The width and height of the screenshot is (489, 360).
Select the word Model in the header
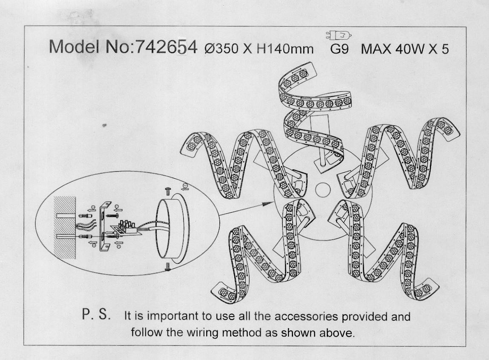tap(74, 47)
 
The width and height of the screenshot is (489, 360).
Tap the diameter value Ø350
tap(222, 49)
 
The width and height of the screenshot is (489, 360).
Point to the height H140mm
tap(285, 49)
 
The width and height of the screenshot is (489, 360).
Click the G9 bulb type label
tap(339, 49)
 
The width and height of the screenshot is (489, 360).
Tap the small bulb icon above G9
tap(339, 35)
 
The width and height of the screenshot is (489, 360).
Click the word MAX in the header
tap(376, 49)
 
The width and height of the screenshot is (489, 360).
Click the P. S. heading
tap(96, 314)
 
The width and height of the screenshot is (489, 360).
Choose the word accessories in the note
tap(306, 317)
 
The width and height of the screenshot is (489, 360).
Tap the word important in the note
tap(173, 317)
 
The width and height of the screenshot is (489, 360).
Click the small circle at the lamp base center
tap(323, 189)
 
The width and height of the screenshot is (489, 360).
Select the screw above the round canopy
tap(169, 191)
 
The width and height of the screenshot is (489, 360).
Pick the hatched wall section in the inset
tap(65, 228)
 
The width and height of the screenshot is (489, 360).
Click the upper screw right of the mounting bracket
tap(112, 215)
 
